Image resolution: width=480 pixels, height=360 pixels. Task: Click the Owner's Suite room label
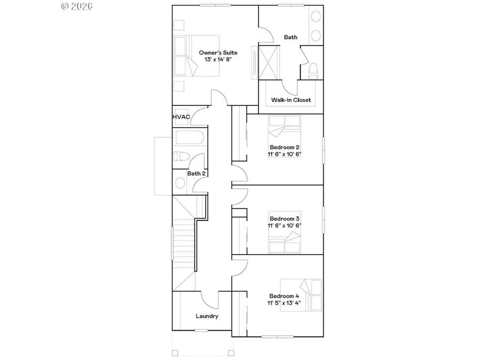tap(218, 53)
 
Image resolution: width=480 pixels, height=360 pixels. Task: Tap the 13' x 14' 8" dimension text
tap(218, 60)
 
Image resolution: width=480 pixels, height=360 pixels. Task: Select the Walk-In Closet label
tap(291, 100)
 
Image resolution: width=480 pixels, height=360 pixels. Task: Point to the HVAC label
tap(181, 117)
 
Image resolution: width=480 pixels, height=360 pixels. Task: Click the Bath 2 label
tap(196, 173)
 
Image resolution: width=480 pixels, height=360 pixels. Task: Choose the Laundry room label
tap(207, 316)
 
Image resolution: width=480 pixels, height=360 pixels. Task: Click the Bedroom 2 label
tap(284, 147)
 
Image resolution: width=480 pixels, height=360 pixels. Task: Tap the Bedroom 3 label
tap(284, 219)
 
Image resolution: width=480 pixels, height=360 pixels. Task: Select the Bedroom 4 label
tap(284, 297)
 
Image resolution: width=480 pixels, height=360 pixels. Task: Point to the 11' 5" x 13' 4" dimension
tap(284, 304)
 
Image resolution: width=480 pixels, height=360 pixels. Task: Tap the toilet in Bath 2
tap(180, 156)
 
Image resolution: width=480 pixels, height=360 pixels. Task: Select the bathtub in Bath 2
tap(189, 138)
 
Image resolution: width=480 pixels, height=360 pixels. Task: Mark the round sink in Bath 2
tap(180, 183)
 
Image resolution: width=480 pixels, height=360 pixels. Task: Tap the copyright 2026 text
tap(77, 6)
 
